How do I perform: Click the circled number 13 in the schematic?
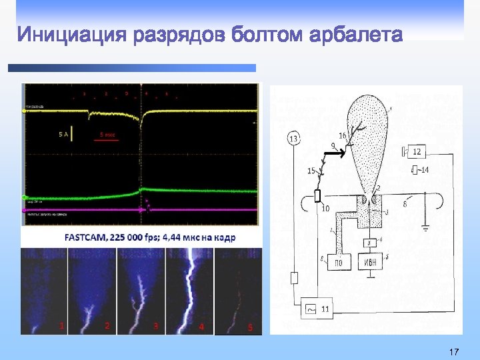tap(293, 139)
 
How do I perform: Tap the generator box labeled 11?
tap(319, 309)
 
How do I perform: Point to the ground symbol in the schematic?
tap(425, 229)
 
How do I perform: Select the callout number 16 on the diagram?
tap(342, 136)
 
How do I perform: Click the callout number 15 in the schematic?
tap(311, 171)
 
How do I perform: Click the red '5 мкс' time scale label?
tap(107, 134)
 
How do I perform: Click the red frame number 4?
tap(201, 326)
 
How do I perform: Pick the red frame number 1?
tap(61, 326)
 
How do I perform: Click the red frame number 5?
tap(250, 327)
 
